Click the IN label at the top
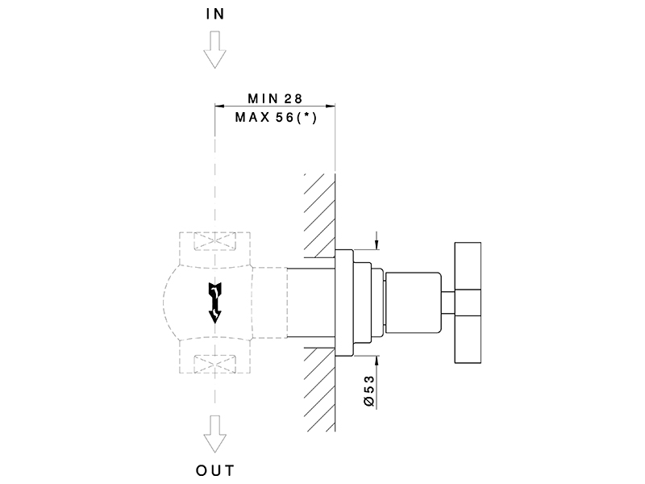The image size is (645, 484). pyautogui.click(x=214, y=15)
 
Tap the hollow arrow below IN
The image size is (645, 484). pyautogui.click(x=214, y=51)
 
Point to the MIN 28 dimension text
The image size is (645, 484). pyautogui.click(x=274, y=98)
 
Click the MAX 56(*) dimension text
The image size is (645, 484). pyautogui.click(x=274, y=117)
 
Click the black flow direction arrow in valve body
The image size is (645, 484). pyautogui.click(x=214, y=302)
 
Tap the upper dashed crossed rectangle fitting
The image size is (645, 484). pyautogui.click(x=214, y=242)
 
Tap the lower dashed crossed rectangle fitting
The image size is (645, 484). pyautogui.click(x=214, y=364)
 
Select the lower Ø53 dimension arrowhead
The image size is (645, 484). pyautogui.click(x=376, y=360)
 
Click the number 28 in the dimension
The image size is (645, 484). pyautogui.click(x=292, y=98)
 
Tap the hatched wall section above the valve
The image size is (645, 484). pyautogui.click(x=319, y=214)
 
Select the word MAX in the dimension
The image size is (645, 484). pyautogui.click(x=249, y=117)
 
